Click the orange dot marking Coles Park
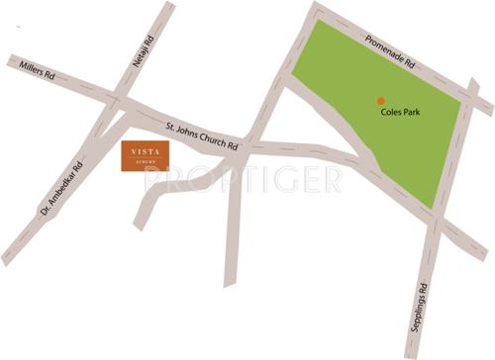pos(379,99)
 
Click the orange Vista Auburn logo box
pos(145,156)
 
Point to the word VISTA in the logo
pos(145,153)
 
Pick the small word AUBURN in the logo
pos(145,163)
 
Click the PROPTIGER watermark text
pos(243,178)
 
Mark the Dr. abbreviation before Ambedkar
pos(46,211)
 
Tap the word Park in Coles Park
pos(414,112)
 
